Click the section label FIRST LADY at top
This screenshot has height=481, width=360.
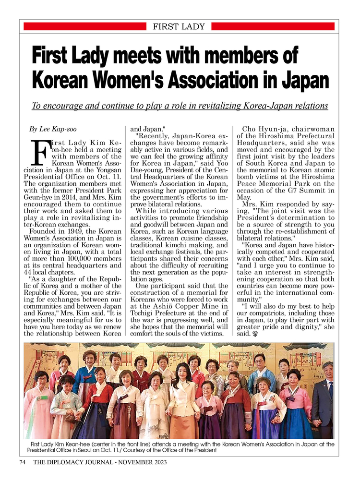click(x=179, y=27)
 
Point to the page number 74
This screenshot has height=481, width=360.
click(x=22, y=462)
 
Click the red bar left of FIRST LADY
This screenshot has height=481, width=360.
click(x=84, y=27)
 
